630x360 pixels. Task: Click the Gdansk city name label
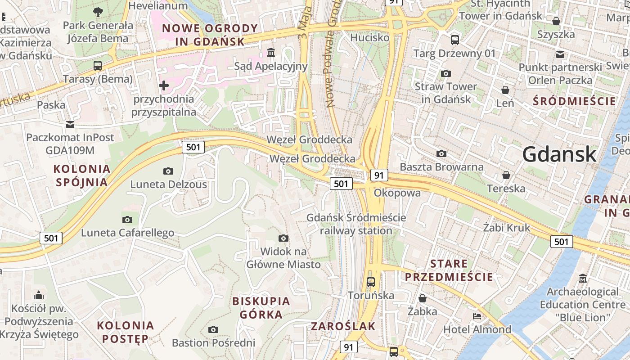click(559, 155)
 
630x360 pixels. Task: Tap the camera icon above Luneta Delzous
click(168, 171)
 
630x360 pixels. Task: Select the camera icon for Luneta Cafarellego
click(127, 220)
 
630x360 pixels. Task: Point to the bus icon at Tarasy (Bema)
click(98, 66)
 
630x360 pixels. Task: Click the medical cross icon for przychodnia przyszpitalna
click(164, 85)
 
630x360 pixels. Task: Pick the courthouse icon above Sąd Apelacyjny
click(271, 53)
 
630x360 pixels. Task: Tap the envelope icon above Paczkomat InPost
click(70, 124)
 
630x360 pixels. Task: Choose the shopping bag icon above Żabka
click(423, 298)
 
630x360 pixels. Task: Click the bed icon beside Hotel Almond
click(477, 316)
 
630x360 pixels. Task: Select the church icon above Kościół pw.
click(39, 296)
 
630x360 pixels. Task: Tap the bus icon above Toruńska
click(371, 282)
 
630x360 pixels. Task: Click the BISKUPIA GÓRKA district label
click(261, 308)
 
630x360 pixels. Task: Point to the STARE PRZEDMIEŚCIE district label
click(449, 270)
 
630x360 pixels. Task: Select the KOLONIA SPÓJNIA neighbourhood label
click(81, 175)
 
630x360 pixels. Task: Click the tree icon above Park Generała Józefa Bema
click(98, 12)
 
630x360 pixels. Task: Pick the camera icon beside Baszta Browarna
click(441, 154)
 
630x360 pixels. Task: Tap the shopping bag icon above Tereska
click(506, 175)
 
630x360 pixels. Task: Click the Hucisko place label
click(369, 37)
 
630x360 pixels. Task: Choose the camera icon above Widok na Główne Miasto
click(283, 238)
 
